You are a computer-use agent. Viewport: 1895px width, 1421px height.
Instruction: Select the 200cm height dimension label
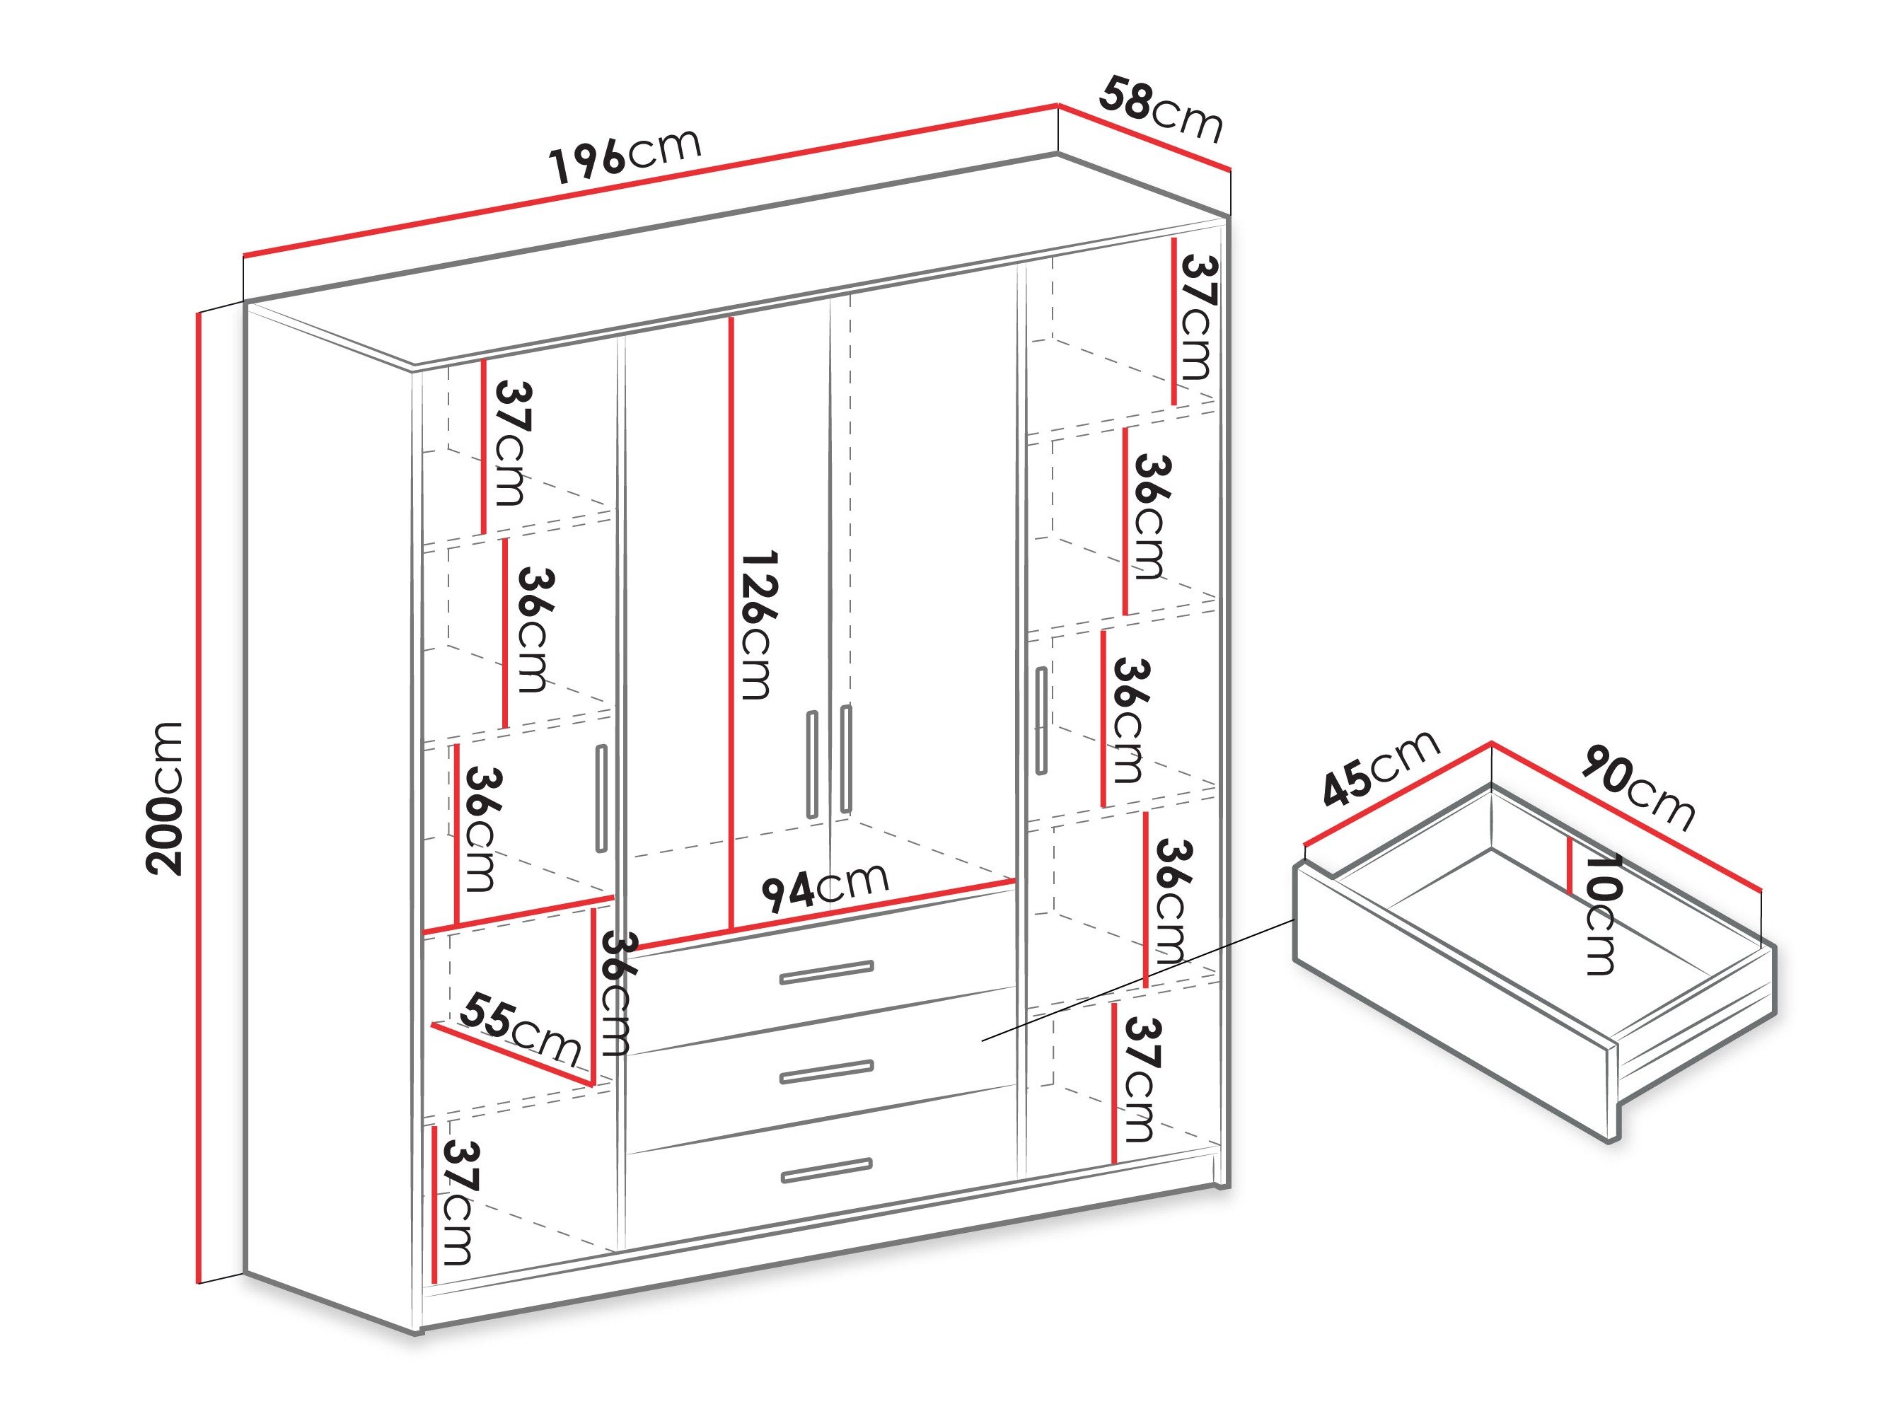click(x=165, y=799)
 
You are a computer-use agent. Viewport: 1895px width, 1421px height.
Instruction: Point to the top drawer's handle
click(x=826, y=972)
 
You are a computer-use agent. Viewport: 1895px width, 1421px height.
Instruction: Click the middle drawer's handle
click(x=826, y=1072)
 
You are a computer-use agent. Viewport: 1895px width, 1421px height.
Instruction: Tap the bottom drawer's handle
click(x=826, y=1170)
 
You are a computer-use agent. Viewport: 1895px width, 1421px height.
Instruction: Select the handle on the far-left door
click(x=601, y=799)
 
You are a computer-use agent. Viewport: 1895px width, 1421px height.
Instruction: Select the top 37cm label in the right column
click(x=1198, y=317)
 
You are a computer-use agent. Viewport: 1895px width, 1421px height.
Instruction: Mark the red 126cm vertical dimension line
click(x=731, y=625)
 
